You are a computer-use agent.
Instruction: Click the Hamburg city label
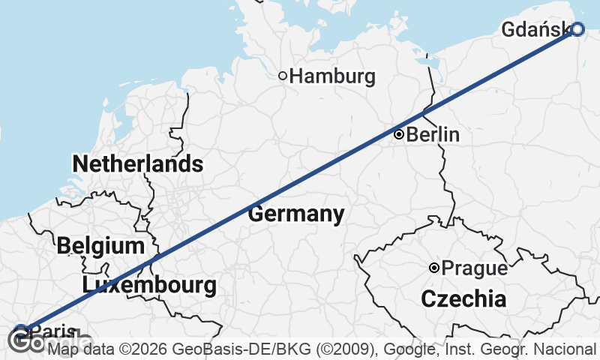coord(331,76)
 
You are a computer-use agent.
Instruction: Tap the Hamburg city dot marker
coord(283,75)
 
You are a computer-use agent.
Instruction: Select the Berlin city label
coord(433,135)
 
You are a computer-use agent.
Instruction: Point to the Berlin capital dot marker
coord(399,135)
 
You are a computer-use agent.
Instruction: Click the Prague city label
coord(474,268)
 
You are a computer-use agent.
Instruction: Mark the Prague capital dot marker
coord(434,268)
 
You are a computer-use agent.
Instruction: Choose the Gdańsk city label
coord(535,30)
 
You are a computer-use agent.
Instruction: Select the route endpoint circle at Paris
coord(21,330)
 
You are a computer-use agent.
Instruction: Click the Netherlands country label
coord(137,163)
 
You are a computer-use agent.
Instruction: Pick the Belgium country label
coord(100,245)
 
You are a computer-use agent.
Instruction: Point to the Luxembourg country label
coord(150,285)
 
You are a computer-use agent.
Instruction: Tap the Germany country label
coord(296,214)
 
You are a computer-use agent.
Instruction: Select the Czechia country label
coord(463,299)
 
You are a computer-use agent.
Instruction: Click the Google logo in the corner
coord(26,343)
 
